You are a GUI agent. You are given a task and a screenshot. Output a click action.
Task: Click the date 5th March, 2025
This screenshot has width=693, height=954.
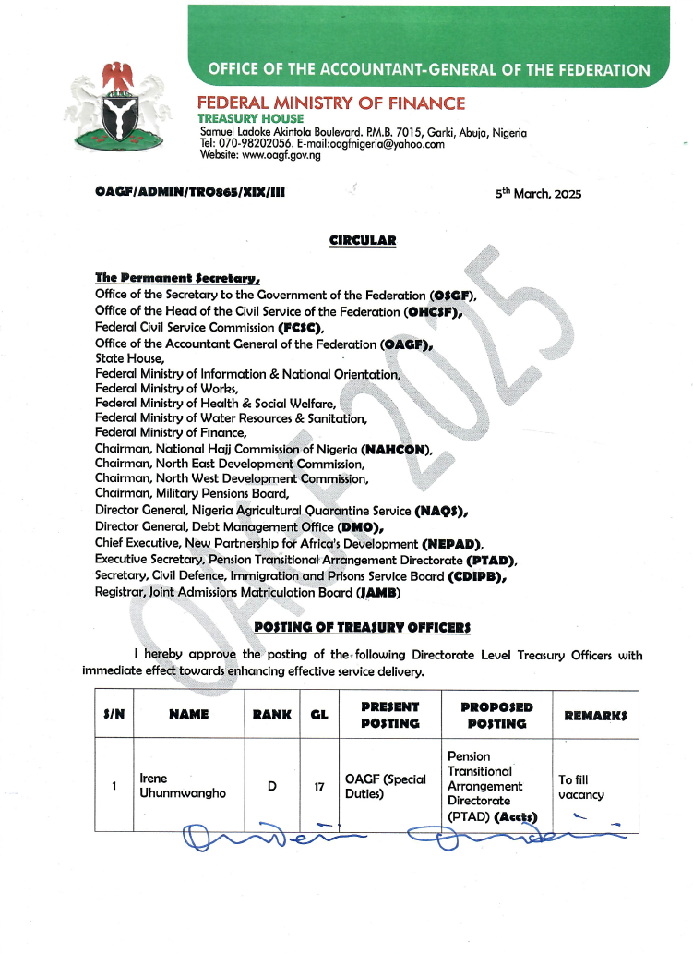click(x=539, y=194)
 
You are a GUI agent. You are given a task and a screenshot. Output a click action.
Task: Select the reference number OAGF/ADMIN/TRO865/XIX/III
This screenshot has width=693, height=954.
click(x=189, y=193)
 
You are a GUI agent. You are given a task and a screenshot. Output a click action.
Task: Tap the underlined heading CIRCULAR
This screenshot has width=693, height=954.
click(x=363, y=241)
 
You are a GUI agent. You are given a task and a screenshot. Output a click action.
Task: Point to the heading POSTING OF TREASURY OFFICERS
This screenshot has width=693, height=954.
click(x=362, y=628)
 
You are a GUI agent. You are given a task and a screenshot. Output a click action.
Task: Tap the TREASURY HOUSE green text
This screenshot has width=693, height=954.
click(x=250, y=119)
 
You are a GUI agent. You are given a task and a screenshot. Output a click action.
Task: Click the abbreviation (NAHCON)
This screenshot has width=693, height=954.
click(x=397, y=450)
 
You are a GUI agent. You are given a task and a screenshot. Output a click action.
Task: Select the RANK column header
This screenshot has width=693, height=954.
click(x=272, y=714)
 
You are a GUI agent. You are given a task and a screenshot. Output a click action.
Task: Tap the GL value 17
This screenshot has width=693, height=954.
click(x=319, y=788)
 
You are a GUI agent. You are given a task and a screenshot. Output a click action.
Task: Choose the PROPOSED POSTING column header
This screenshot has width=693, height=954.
click(x=496, y=715)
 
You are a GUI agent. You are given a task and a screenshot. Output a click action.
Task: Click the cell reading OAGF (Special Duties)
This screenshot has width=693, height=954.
click(x=385, y=786)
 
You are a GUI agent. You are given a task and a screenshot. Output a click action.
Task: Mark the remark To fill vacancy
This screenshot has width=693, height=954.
click(x=581, y=787)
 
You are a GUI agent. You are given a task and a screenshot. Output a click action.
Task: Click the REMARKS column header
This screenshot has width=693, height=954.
click(x=596, y=715)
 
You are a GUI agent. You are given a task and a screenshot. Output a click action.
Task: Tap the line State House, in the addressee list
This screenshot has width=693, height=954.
click(x=130, y=358)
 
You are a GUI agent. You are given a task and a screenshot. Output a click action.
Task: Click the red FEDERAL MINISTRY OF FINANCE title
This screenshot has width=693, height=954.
click(x=332, y=103)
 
